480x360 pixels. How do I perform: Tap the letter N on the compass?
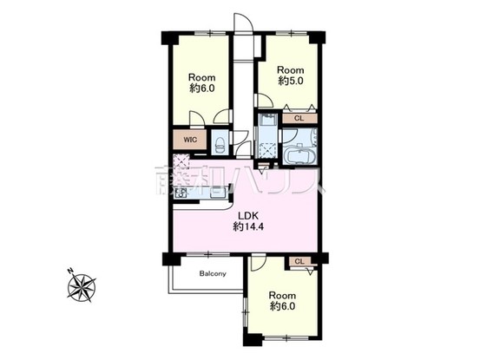pos(69,272)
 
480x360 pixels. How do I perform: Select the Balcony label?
pos(213,274)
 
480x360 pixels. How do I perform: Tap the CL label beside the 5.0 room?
pos(299,119)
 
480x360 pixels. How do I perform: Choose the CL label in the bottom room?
pos(299,261)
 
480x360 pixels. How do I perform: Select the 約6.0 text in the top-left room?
pos(201,88)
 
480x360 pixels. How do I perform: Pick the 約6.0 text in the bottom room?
pos(283,306)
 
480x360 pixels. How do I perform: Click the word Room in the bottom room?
pos(283,293)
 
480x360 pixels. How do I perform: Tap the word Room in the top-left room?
pos(201,75)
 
